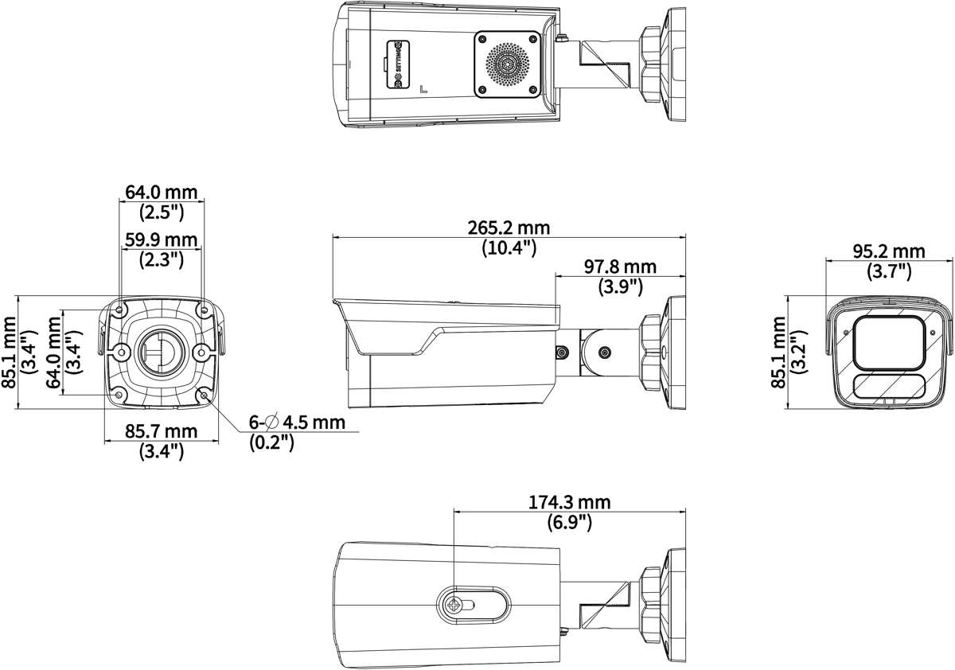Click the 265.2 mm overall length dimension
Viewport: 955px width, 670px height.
509,228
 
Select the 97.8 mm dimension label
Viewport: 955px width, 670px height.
620,267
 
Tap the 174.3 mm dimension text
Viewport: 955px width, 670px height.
570,502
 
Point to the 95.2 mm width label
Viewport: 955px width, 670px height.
889,251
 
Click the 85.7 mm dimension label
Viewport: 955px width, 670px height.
161,431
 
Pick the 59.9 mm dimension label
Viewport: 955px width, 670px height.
161,240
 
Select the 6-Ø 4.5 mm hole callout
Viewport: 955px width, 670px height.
297,423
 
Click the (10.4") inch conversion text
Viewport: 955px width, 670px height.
509,247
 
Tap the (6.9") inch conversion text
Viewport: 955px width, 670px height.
570,522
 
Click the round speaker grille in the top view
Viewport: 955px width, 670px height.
508,64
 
